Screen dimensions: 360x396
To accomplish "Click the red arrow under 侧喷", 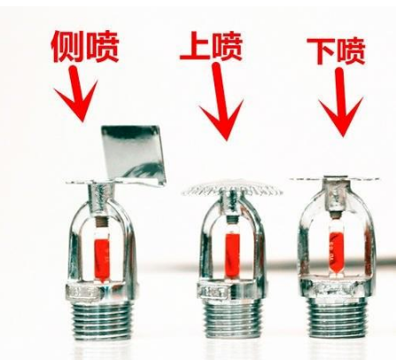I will [79, 98].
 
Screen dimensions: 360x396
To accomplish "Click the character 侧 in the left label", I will [72, 45].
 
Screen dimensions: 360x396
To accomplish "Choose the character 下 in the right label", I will [322, 51].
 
